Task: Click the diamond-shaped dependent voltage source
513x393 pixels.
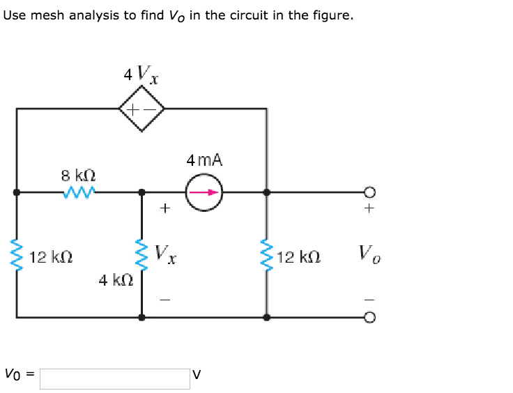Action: coord(141,109)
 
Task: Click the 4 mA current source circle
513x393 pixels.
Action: coord(204,192)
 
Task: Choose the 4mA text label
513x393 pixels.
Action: coord(204,160)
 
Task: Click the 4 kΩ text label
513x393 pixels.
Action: coord(116,280)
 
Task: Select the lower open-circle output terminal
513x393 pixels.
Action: coord(370,317)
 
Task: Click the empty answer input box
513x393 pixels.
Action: coord(114,378)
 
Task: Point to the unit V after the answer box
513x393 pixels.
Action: coord(197,374)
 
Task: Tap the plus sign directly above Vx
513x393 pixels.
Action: coord(164,207)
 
